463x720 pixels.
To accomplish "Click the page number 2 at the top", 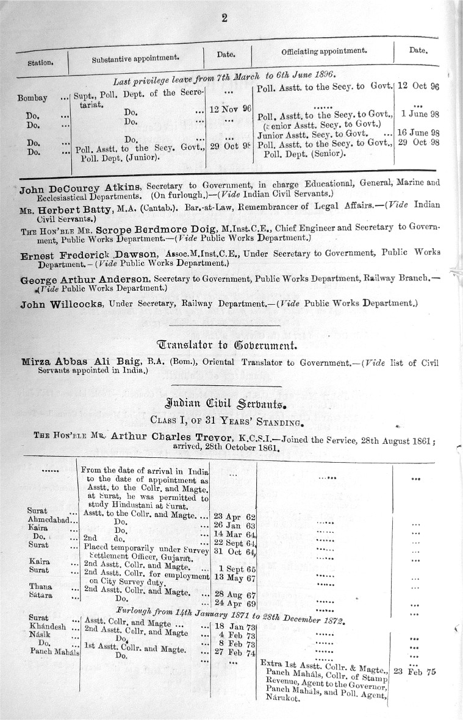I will click(x=224, y=18).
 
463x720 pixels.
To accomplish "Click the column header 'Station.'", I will click(x=41, y=62).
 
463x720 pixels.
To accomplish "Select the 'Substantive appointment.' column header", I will click(x=135, y=59).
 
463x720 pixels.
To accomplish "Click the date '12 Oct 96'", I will click(x=418, y=86).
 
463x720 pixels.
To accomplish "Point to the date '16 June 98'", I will click(x=418, y=132).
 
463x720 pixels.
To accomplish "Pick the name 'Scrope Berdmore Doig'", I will click(x=149, y=227).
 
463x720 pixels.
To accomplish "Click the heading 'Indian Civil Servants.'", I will click(x=226, y=403).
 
